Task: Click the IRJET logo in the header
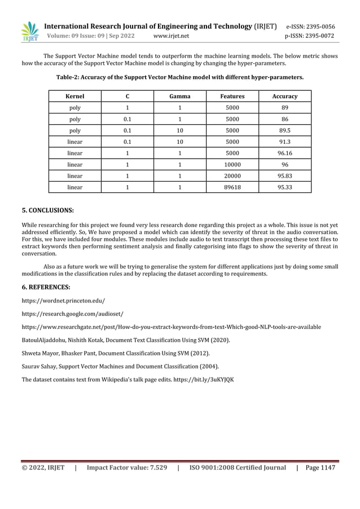[x=29, y=32]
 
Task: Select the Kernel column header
[x=75, y=96]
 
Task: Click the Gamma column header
[x=179, y=96]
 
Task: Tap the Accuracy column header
[x=284, y=96]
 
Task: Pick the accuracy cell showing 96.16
[x=284, y=153]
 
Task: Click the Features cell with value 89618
[x=232, y=187]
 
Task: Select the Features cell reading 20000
[x=232, y=175]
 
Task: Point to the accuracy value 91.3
[x=284, y=142]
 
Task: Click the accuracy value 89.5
[x=284, y=130]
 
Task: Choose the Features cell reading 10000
[x=232, y=164]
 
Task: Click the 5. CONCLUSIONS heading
[x=47, y=210]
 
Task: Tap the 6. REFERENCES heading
[x=46, y=287]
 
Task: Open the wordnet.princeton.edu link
[x=63, y=301]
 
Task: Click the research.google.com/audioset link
[x=72, y=313]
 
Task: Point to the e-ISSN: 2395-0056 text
[x=310, y=26]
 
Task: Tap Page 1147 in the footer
[x=320, y=467]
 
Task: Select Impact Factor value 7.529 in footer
[x=127, y=467]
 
